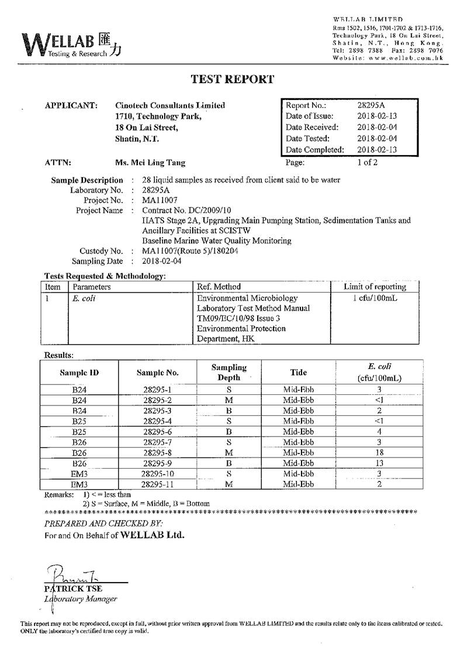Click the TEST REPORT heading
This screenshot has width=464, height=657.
click(232, 80)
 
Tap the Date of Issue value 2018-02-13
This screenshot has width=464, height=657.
click(376, 116)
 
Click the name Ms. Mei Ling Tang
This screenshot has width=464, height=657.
click(151, 163)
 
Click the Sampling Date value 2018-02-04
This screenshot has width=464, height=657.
click(162, 261)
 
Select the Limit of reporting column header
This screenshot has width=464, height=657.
click(375, 287)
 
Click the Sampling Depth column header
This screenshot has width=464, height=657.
click(228, 373)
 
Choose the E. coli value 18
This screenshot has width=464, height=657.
click(379, 452)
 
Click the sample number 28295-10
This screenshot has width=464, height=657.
click(157, 473)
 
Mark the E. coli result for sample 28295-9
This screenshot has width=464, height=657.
click(379, 463)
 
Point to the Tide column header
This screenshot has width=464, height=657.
click(298, 372)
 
